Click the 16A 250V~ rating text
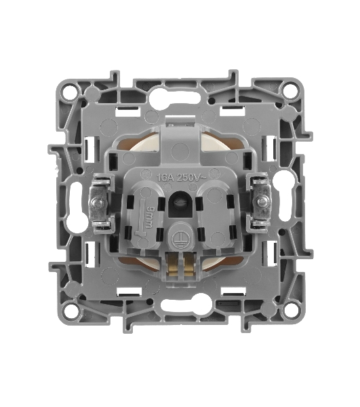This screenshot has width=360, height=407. tap(181, 178)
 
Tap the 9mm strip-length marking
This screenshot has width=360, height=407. tap(148, 217)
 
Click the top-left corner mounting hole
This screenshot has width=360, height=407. tap(70, 91)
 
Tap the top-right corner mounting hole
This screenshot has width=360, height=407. tap(289, 90)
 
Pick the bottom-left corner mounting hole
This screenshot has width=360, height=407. tap(71, 310)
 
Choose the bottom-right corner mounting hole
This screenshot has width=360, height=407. tap(289, 309)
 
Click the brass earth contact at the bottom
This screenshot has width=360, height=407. tap(180, 265)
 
